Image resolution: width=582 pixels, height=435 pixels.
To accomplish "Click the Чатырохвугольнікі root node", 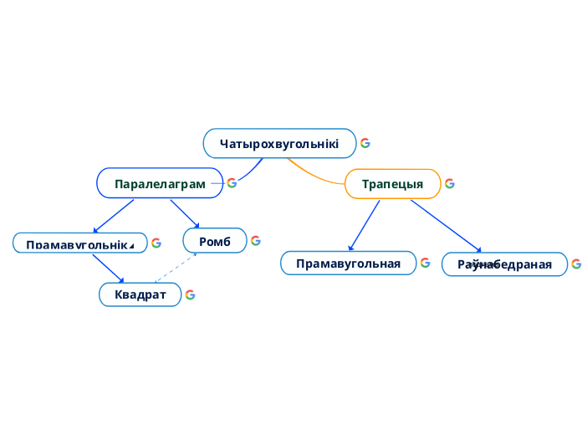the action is point(279,143).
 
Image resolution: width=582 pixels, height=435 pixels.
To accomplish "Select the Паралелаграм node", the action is point(160,183).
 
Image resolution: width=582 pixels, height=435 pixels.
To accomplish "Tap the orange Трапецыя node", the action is point(392,183).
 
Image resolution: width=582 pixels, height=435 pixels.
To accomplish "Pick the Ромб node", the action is point(215,241).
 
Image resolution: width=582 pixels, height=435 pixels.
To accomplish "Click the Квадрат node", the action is point(140,294).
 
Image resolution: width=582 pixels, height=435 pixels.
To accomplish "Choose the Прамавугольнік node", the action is point(79,243).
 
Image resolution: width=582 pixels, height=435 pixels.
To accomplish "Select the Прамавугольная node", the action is point(348,264).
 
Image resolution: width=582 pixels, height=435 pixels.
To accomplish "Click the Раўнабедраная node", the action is point(504,264).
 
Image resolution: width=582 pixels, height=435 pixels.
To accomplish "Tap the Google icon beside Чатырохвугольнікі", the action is point(365,143).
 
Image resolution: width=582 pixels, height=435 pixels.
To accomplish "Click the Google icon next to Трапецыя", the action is point(450,183).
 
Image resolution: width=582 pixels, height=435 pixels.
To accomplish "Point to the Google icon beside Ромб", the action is point(256,241).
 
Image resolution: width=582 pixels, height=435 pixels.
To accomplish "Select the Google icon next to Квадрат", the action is point(191,294).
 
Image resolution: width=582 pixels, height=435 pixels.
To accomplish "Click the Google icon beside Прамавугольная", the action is point(426,263).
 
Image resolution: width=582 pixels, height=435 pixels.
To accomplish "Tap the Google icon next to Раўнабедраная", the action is point(576,264).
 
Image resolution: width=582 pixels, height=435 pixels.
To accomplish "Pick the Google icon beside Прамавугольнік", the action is point(156,243).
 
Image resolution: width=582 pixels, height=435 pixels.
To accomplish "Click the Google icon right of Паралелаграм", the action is point(232,183).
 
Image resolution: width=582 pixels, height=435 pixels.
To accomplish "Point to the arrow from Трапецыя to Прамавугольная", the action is point(365,224).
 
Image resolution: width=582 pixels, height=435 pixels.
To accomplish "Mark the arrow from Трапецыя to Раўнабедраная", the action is point(446,225).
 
